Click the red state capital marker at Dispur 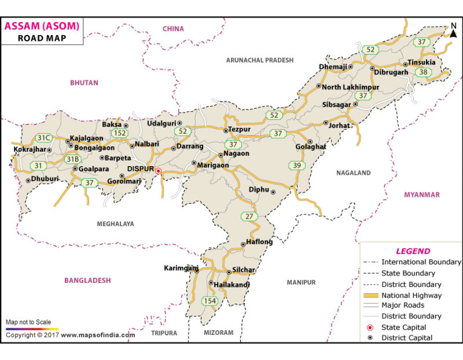pos(158,171)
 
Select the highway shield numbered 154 pos(209,301)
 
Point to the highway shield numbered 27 pos(250,217)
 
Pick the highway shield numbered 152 pos(120,133)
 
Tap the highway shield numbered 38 pos(423,72)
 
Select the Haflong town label pos(259,242)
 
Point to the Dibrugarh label pos(391,73)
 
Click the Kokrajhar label pos(29,149)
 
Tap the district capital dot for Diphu pos(273,192)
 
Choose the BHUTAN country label pos(84,82)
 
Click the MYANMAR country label pos(422,194)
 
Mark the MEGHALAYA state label pos(115,224)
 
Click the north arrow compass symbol pos(453,31)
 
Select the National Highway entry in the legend pos(411,295)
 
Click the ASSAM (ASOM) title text pos(42,26)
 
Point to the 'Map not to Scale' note pos(28,322)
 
